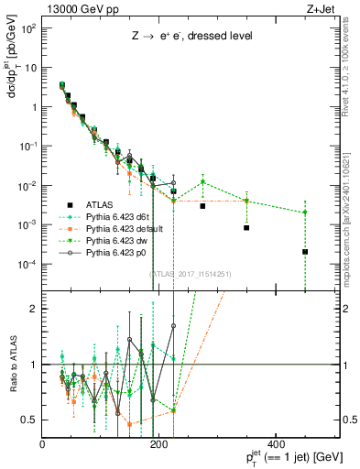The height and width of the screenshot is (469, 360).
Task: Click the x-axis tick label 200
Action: click(x=159, y=445)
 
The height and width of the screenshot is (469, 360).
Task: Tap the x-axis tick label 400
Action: click(x=276, y=445)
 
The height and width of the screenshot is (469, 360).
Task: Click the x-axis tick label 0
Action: click(x=43, y=445)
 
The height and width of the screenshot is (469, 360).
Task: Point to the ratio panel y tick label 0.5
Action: click(x=29, y=420)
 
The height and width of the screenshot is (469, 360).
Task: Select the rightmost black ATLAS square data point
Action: click(x=305, y=252)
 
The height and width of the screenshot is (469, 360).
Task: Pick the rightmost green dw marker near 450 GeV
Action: click(x=305, y=213)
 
